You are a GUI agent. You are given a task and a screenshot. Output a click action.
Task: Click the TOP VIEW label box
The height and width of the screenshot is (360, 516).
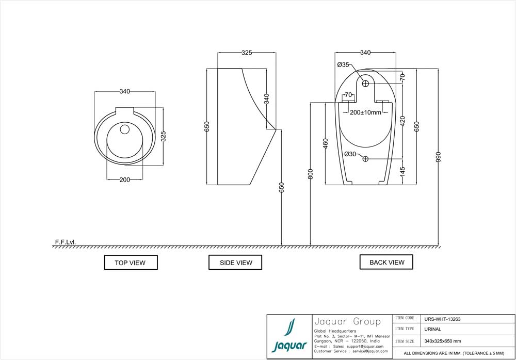130,263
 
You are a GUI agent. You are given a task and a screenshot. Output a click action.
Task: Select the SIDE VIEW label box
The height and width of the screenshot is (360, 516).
236,263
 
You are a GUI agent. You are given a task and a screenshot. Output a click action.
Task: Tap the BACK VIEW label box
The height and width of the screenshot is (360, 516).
386,262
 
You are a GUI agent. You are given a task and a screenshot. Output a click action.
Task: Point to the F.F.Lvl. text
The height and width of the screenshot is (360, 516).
65,241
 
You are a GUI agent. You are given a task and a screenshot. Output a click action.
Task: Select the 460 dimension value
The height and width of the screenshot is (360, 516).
325,143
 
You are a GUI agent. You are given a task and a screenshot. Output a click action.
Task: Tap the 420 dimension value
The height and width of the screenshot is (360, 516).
402,121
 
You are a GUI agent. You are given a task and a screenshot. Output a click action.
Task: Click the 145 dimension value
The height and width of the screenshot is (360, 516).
402,171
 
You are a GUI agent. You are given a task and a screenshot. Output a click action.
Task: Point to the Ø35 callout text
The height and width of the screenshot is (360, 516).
343,65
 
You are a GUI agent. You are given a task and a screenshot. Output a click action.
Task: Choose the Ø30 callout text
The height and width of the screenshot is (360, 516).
350,154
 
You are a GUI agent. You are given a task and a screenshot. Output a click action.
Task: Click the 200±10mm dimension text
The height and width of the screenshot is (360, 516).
365,112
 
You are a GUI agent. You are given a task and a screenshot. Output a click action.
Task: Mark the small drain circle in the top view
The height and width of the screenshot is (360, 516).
124,129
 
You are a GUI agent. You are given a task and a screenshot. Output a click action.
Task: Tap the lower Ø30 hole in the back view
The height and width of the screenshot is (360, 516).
365,158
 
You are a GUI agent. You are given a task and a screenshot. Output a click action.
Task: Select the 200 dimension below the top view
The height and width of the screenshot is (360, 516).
124,179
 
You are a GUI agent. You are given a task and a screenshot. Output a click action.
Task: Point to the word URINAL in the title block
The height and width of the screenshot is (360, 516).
432,329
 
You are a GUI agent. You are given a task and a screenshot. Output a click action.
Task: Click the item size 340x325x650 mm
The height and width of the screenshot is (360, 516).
442,341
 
